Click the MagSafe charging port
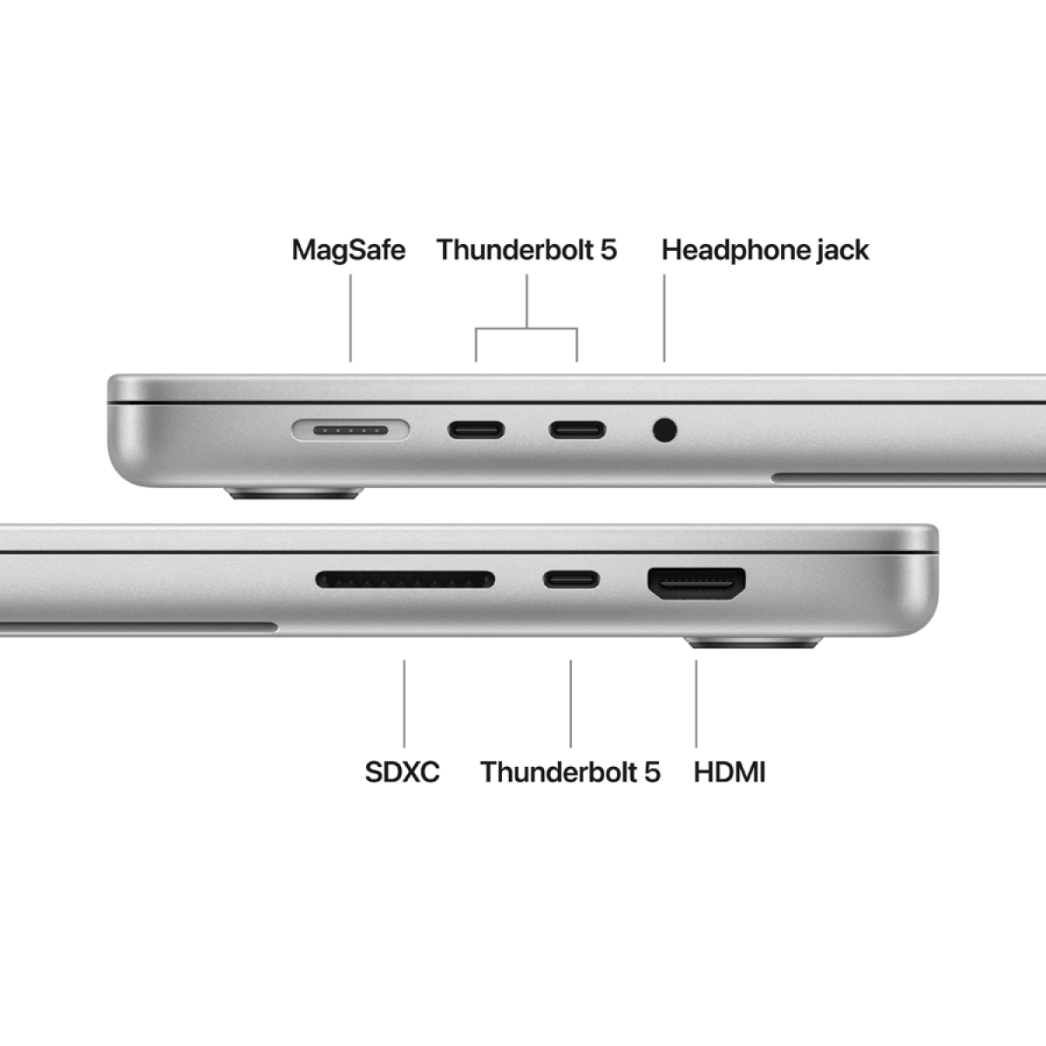pyautogui.click(x=350, y=430)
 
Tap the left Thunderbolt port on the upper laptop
pyautogui.click(x=476, y=430)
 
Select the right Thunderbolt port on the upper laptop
pyautogui.click(x=576, y=430)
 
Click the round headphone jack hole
pyautogui.click(x=664, y=430)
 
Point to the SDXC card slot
pyautogui.click(x=405, y=580)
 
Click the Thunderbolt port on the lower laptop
pyautogui.click(x=572, y=580)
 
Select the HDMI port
pyautogui.click(x=696, y=583)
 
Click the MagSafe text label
pyautogui.click(x=349, y=250)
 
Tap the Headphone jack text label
pyautogui.click(x=764, y=250)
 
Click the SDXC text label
pyautogui.click(x=402, y=771)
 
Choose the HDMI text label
pyautogui.click(x=730, y=771)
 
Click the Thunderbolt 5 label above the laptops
pyautogui.click(x=526, y=250)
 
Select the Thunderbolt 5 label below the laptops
pyautogui.click(x=570, y=771)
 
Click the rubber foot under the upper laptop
pyautogui.click(x=294, y=494)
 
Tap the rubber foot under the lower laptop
pyautogui.click(x=752, y=643)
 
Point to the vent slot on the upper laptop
pyautogui.click(x=907, y=478)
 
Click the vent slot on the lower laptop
pyautogui.click(x=139, y=627)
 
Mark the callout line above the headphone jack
pyautogui.click(x=664, y=318)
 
